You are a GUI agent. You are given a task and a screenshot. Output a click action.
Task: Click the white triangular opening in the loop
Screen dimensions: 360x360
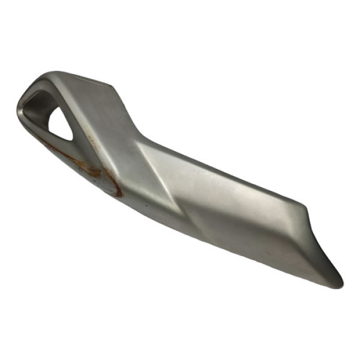tap(60, 126)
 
